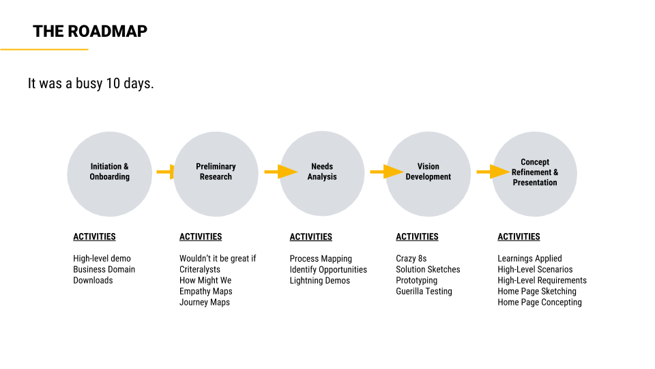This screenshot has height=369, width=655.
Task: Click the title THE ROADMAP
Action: click(90, 31)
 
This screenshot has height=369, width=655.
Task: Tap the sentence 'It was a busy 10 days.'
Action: click(91, 83)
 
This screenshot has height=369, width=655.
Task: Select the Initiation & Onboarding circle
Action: click(109, 174)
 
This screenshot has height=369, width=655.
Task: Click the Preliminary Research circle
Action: click(216, 174)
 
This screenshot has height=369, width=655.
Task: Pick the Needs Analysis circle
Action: click(322, 174)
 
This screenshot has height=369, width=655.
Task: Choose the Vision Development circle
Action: click(428, 174)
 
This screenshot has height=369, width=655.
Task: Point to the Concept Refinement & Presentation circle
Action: click(535, 174)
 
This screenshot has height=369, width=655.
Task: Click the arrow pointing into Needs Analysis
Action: click(281, 172)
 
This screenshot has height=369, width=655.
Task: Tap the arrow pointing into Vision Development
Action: click(387, 172)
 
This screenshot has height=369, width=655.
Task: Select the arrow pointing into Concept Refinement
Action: click(493, 172)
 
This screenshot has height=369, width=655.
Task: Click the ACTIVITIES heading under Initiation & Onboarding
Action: click(94, 237)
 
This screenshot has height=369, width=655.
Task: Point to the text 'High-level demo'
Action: click(102, 258)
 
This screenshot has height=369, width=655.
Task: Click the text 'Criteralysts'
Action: click(200, 269)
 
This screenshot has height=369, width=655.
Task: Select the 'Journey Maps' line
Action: click(205, 302)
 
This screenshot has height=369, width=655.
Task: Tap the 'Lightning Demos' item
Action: click(320, 280)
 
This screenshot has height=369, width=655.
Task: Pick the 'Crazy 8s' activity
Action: click(411, 258)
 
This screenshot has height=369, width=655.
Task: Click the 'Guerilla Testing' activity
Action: click(424, 291)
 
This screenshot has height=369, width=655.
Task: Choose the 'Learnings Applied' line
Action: click(529, 258)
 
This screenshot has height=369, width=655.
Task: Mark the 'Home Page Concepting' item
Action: click(540, 302)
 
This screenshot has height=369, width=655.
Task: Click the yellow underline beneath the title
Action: click(44, 49)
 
